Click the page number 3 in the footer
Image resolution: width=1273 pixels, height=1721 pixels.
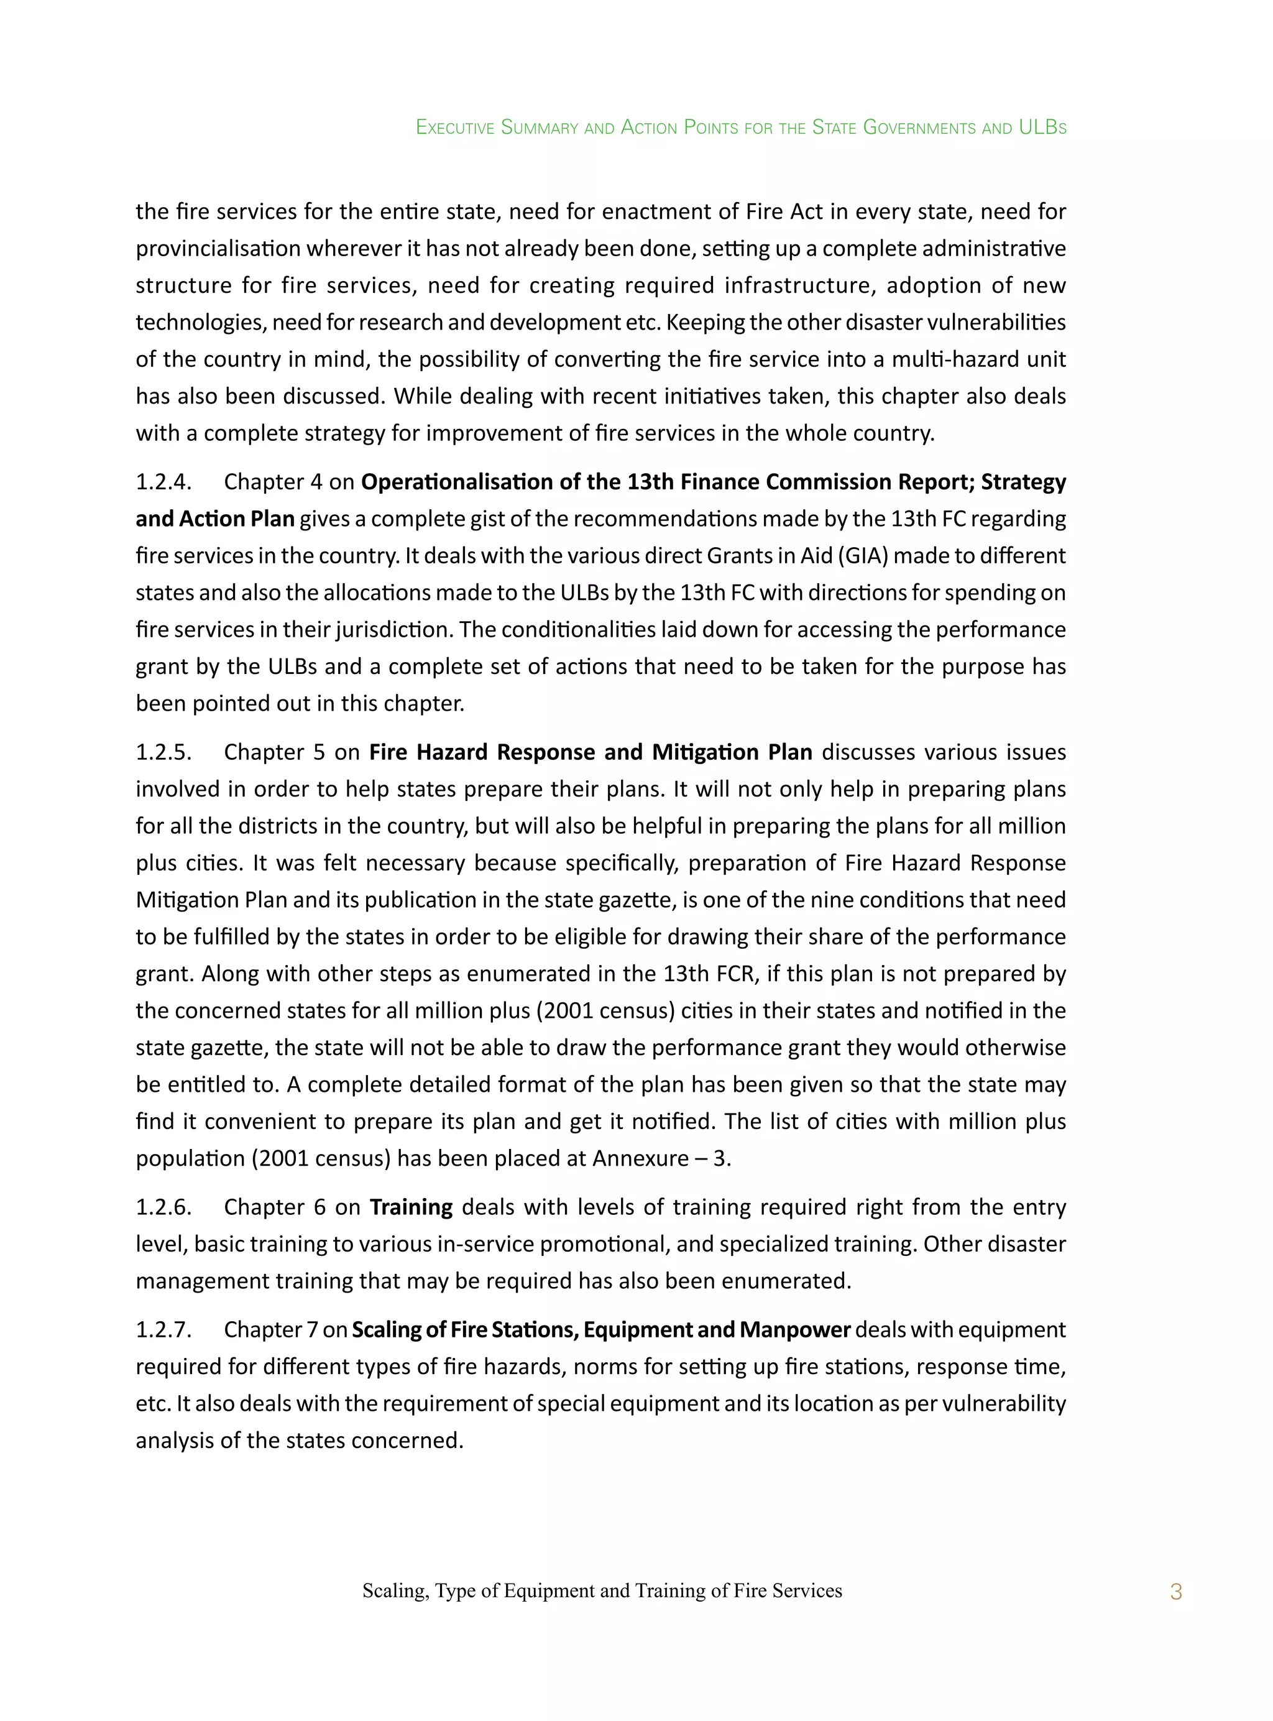(x=1175, y=1592)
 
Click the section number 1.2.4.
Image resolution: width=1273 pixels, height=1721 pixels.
(x=163, y=482)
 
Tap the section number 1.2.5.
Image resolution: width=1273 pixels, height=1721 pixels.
(x=163, y=752)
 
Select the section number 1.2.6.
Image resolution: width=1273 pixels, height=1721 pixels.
(x=163, y=1207)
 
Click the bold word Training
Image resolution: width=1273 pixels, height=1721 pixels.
(x=411, y=1207)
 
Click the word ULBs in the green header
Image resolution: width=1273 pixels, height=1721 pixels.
(x=1042, y=127)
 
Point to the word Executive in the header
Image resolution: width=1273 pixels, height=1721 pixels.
(x=454, y=127)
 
